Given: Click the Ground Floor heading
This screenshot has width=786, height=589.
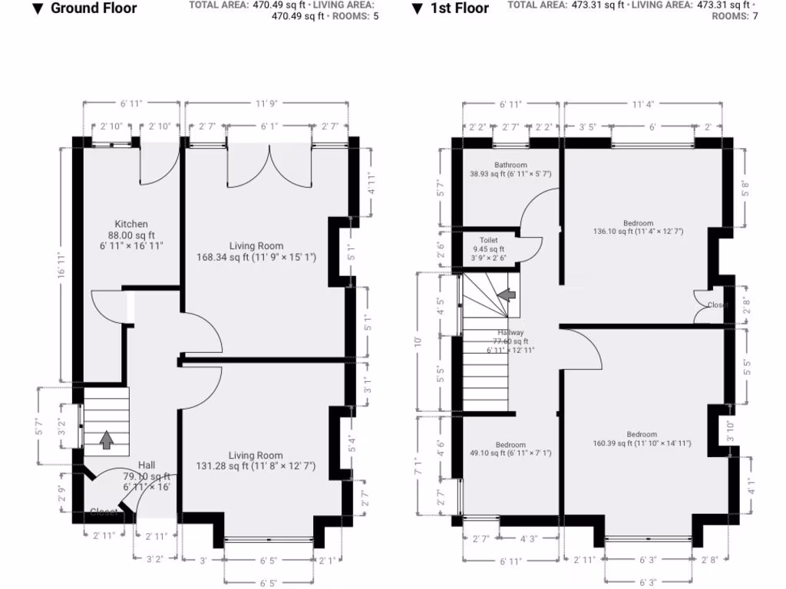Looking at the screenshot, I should point(93,9).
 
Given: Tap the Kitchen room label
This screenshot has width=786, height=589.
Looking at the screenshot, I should point(130,224).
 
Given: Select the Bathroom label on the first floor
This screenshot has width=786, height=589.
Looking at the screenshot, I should point(510,165).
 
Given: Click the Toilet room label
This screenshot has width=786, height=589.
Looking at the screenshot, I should point(489,240).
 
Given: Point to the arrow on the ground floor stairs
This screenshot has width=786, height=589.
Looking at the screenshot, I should point(106,440).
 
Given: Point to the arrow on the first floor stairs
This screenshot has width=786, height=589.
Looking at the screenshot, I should point(506,294).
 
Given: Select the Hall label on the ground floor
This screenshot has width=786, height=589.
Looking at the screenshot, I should point(146,465).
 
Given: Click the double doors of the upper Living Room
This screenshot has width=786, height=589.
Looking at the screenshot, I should point(269,163).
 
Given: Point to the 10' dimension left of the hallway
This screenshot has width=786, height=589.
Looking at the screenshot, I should point(418,341).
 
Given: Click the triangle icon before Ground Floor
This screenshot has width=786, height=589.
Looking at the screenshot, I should point(36,9).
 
